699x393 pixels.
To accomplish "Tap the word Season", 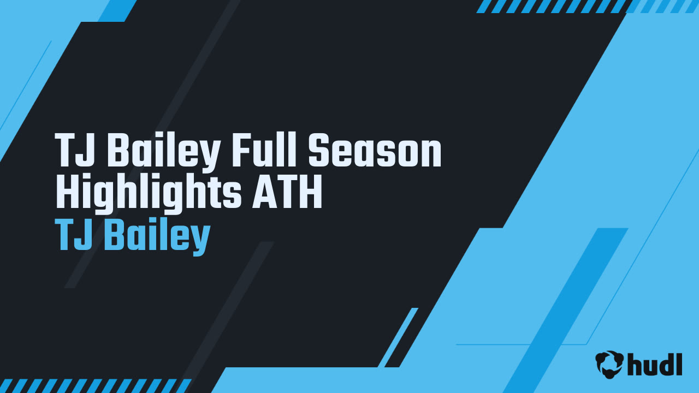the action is click(375, 150).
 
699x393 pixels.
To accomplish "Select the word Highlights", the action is click(149, 191).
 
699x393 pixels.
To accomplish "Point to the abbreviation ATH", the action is click(287, 191).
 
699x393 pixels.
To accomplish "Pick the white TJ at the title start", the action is click(75, 150).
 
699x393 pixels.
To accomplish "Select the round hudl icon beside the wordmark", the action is click(609, 364).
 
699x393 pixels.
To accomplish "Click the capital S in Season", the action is click(321, 150).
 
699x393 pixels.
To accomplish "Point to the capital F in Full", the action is click(242, 150).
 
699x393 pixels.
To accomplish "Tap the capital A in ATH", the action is click(265, 191).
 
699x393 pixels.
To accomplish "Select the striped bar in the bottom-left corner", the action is click(95, 386).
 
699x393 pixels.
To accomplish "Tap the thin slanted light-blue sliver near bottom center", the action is click(398, 337).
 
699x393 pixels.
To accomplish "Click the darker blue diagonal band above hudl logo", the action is click(565, 311).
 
